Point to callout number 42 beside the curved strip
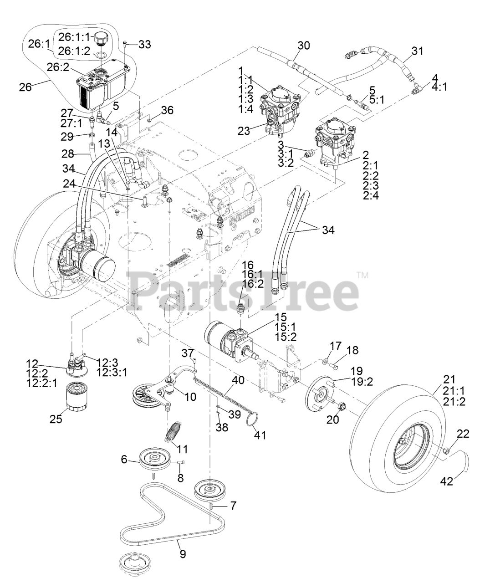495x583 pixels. coord(448,481)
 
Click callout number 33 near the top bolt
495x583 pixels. coord(145,44)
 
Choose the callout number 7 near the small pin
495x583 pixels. coord(233,505)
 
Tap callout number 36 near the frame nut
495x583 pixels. coord(168,110)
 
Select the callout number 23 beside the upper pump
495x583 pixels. coord(244,131)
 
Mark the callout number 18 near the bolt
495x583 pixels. coord(352,350)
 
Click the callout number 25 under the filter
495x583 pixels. coord(56,419)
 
